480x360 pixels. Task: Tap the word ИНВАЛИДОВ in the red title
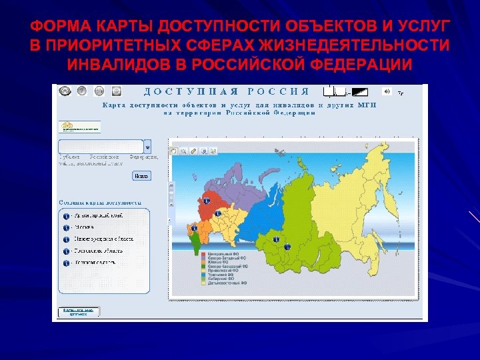tap(113, 65)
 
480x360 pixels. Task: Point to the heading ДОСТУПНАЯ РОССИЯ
tap(227, 91)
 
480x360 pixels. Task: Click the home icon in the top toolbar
tap(65, 91)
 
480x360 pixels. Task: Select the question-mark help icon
tap(82, 91)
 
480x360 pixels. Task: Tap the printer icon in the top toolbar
tap(99, 91)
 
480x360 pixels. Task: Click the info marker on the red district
tap(206, 200)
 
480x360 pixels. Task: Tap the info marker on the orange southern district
tap(194, 229)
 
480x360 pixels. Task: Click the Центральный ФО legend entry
tap(223, 255)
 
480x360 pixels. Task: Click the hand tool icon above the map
tap(174, 151)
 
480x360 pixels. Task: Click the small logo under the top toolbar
tap(79, 126)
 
